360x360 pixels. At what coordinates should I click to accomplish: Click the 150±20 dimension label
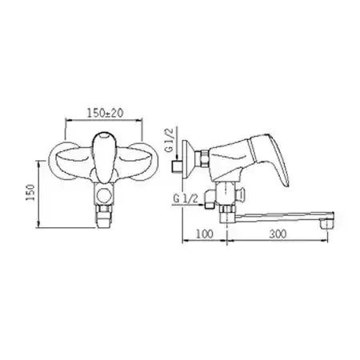105,113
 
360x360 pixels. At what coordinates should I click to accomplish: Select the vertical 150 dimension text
30,193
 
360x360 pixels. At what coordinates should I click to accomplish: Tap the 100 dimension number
205,234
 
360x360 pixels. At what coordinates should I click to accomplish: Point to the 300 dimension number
278,234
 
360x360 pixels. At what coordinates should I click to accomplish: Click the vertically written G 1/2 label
170,140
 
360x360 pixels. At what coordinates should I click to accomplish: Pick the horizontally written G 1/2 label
186,198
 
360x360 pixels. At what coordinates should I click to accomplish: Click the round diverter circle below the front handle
104,195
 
